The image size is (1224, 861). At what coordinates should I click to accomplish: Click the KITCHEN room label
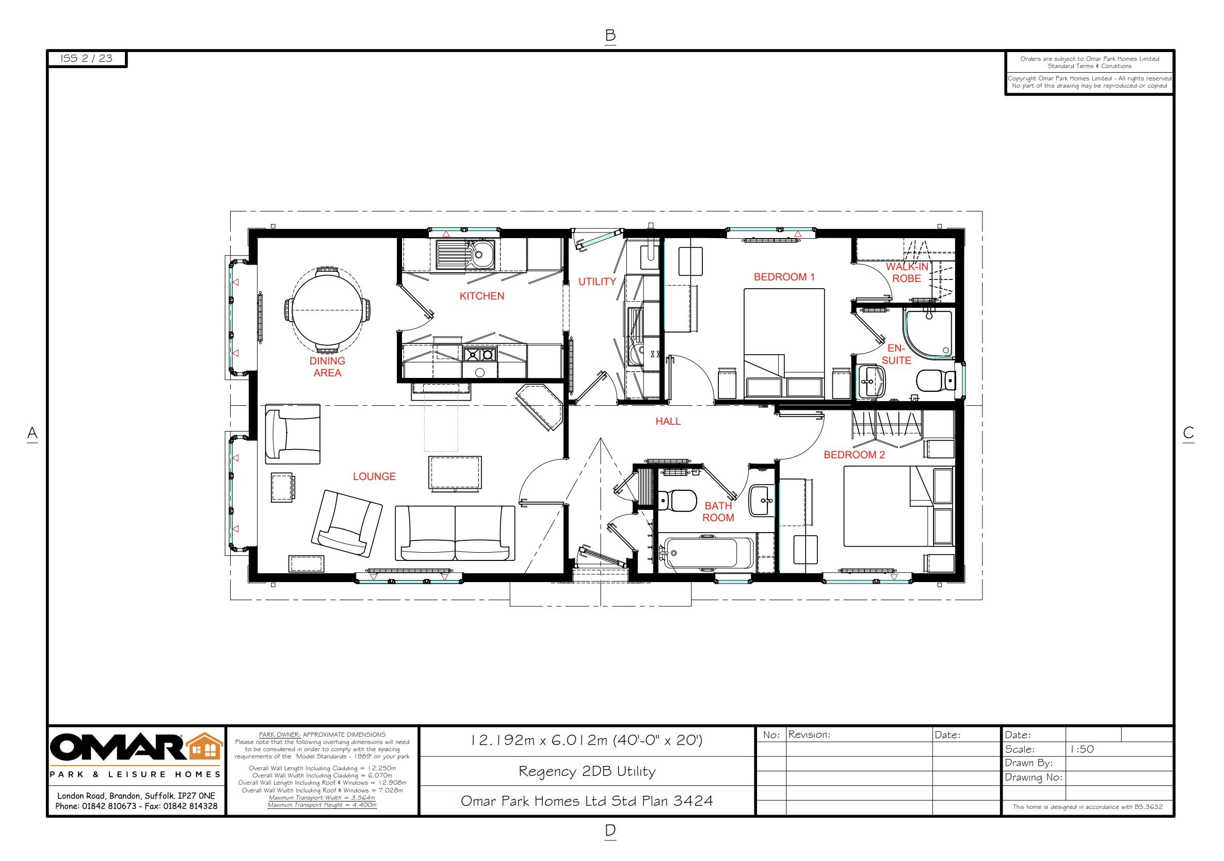point(481,296)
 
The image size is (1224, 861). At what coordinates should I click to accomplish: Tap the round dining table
point(327,310)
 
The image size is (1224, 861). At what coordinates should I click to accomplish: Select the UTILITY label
point(597,282)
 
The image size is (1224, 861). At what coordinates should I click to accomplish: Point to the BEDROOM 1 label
point(784,277)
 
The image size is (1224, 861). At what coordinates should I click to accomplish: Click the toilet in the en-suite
point(936,380)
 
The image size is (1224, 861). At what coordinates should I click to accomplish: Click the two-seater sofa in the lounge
point(455,533)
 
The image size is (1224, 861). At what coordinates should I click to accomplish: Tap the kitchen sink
point(465,254)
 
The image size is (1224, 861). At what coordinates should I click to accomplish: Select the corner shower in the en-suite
point(929,334)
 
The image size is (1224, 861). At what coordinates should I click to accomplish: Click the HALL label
point(668,421)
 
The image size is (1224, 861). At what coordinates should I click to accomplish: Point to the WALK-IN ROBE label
point(907,273)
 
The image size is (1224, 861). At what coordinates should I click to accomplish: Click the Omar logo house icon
point(205,746)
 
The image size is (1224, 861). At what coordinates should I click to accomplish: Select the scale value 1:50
point(1082,749)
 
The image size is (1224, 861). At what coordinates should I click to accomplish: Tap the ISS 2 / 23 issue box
point(87,59)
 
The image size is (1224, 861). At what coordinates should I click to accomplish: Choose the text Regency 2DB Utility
point(587,771)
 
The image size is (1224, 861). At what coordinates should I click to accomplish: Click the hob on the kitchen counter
point(480,354)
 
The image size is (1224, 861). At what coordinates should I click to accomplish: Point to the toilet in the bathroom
point(678,501)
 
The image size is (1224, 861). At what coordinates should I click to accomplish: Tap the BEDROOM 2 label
point(854,455)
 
